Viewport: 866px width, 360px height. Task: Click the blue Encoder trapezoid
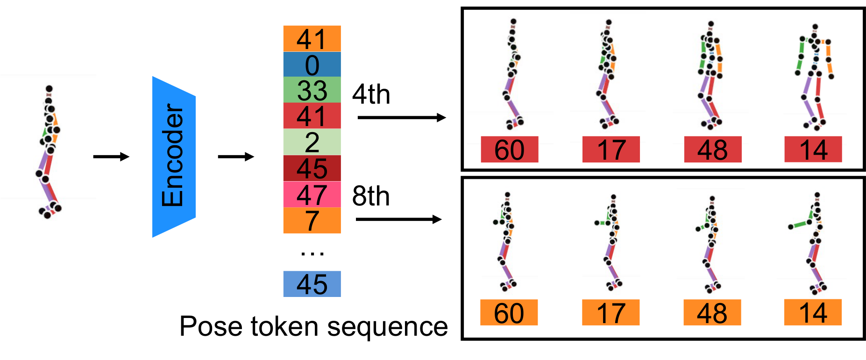pyautogui.click(x=174, y=156)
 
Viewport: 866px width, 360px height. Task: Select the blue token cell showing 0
pyautogui.click(x=312, y=64)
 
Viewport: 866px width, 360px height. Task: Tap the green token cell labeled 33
pyautogui.click(x=312, y=90)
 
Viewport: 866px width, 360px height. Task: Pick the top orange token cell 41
pyautogui.click(x=312, y=39)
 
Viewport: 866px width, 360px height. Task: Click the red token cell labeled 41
pyautogui.click(x=312, y=116)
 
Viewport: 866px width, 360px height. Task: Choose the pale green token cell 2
pyautogui.click(x=312, y=142)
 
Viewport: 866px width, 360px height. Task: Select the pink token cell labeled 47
pyautogui.click(x=312, y=194)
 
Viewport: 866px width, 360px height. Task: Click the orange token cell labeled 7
pyautogui.click(x=312, y=220)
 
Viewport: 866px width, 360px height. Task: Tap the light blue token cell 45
pyautogui.click(x=312, y=284)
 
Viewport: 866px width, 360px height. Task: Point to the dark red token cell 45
pyautogui.click(x=312, y=168)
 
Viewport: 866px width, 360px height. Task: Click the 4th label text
pyautogui.click(x=371, y=94)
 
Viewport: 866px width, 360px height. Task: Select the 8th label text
pyautogui.click(x=371, y=196)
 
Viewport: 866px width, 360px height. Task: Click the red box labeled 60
pyautogui.click(x=510, y=149)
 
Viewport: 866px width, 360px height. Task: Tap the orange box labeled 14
pyautogui.click(x=813, y=312)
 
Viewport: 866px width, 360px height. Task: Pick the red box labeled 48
pyautogui.click(x=713, y=149)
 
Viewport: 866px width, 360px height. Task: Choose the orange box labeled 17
pyautogui.click(x=610, y=312)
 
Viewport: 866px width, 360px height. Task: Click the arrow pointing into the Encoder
pyautogui.click(x=111, y=156)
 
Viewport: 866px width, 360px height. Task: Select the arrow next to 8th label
pyautogui.click(x=398, y=219)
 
